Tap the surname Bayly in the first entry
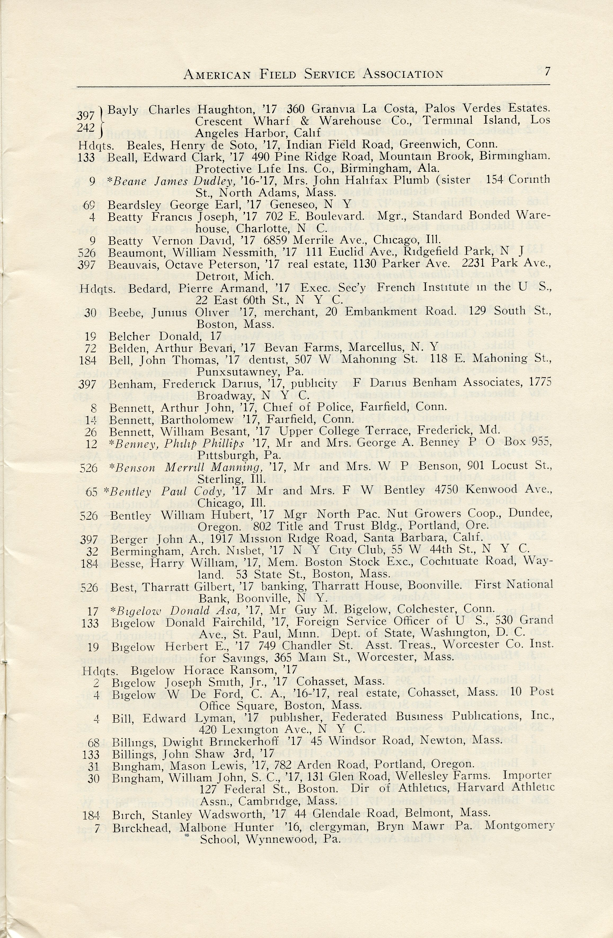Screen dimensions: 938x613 (123, 110)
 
